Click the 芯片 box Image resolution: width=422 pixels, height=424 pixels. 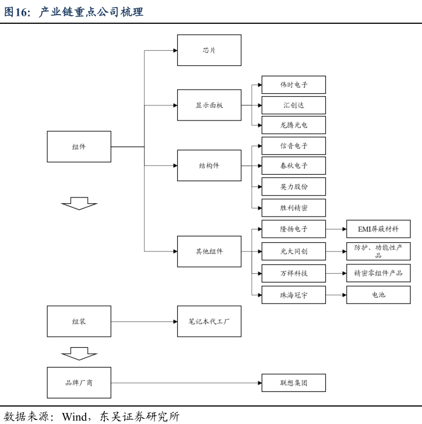(x=209, y=50)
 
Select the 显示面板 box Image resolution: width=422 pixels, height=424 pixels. (x=209, y=105)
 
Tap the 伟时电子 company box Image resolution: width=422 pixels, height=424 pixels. (x=293, y=85)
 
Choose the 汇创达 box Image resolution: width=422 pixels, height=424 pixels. (x=293, y=105)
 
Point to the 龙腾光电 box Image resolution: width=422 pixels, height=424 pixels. (x=293, y=125)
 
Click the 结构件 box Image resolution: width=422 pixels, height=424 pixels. (x=209, y=166)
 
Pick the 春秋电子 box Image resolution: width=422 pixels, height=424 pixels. (x=293, y=166)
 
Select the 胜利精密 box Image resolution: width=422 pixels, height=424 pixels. (x=293, y=207)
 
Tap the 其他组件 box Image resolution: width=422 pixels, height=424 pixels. (x=209, y=252)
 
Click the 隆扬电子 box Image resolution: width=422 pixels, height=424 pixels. (x=293, y=229)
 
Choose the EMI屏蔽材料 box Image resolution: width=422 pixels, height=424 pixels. (x=378, y=229)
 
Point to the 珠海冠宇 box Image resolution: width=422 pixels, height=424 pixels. (x=293, y=295)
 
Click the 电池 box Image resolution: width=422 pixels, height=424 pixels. (x=378, y=295)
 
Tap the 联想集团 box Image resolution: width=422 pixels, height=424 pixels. (x=293, y=383)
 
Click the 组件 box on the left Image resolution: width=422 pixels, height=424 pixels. (x=79, y=147)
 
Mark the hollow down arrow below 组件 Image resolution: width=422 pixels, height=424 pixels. (x=79, y=203)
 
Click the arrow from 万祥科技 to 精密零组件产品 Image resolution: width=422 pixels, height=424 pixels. (x=335, y=273)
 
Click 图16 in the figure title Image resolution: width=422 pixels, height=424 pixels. (x=16, y=12)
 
